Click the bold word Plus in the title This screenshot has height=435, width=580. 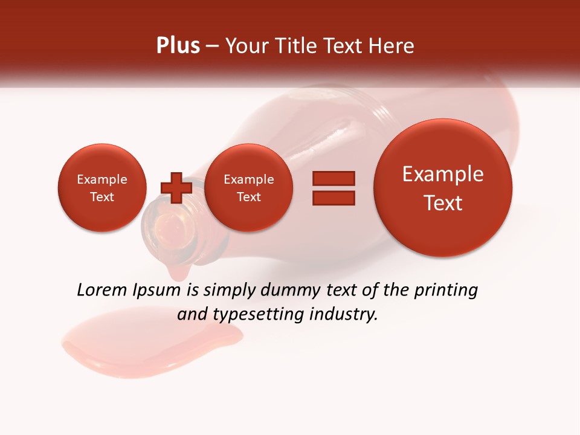point(178,46)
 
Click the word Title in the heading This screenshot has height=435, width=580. point(294,46)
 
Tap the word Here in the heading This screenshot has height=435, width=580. point(393,46)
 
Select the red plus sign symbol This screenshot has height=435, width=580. point(176,188)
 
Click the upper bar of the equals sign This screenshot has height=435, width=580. point(333,178)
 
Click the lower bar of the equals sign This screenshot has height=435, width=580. point(333,198)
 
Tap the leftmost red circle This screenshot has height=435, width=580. point(101,188)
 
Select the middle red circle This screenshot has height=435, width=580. point(248,188)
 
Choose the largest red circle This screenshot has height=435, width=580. point(443,188)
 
